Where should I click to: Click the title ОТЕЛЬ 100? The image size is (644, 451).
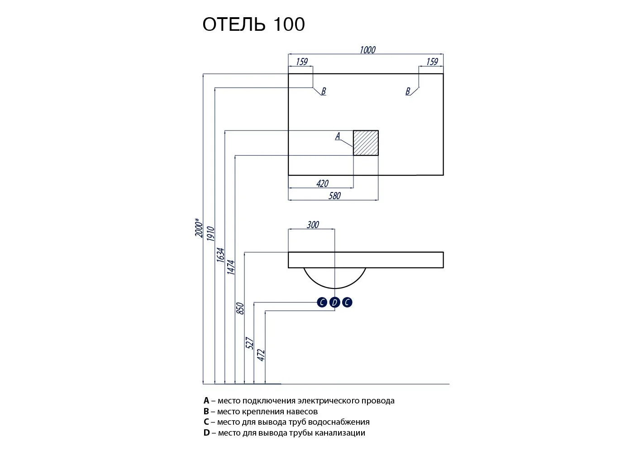(253, 24)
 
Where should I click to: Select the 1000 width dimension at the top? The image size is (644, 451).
(367, 50)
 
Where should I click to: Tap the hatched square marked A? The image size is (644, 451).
(366, 143)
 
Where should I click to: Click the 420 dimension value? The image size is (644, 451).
(322, 183)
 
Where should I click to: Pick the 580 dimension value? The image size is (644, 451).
(334, 196)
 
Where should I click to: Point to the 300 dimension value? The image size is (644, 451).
(313, 225)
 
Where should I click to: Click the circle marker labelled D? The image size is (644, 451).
(334, 302)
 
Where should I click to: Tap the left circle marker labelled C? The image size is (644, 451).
(322, 302)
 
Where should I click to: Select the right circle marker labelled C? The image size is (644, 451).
(347, 302)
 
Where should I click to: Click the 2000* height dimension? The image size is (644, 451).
(198, 229)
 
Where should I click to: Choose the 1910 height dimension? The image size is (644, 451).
(210, 234)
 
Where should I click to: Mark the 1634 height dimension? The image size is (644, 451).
(220, 255)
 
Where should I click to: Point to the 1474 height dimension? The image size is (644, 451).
(231, 268)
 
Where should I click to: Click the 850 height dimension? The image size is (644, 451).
(240, 308)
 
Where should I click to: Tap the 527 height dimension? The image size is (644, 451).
(250, 343)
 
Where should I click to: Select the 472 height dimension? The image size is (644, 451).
(261, 355)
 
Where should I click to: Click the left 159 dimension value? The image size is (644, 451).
(302, 62)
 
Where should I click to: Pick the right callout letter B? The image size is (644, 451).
(408, 91)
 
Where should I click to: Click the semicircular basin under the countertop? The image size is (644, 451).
(334, 277)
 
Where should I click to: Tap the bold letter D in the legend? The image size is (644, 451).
(207, 433)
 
